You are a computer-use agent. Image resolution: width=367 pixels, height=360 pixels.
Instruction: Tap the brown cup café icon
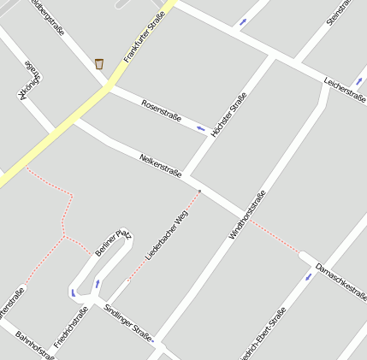coord(99,63)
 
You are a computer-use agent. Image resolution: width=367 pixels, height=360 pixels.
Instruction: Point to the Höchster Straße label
coord(228,115)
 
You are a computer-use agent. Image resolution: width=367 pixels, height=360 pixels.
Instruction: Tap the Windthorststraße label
coord(248,215)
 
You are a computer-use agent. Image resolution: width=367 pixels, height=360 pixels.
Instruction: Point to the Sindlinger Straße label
coord(127,321)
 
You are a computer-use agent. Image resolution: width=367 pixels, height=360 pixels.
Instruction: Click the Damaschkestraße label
coord(340,281)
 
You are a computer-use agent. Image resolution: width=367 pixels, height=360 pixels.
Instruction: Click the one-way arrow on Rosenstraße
coord(201,129)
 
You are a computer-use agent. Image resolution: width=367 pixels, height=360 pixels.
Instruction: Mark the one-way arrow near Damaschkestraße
coord(309,277)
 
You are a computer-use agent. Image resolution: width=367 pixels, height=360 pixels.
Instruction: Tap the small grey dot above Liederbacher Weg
coord(199,191)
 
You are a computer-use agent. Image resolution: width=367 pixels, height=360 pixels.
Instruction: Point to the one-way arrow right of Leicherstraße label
coord(358,82)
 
